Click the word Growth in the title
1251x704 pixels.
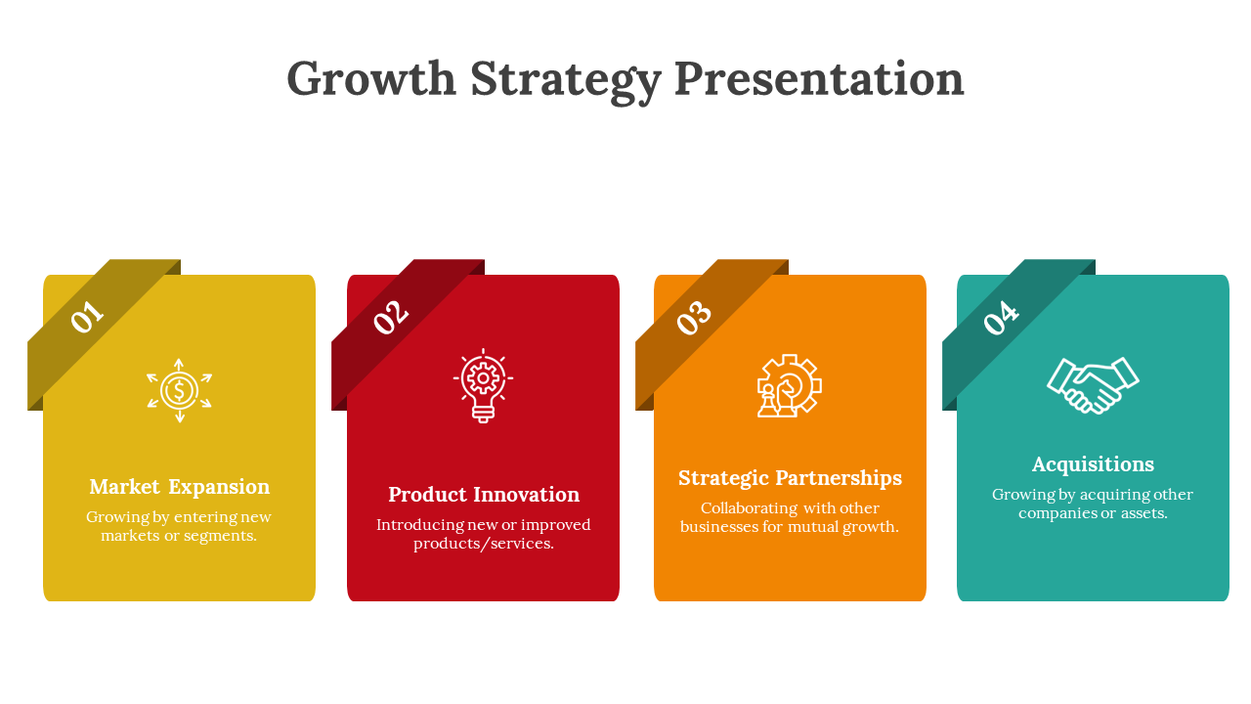[x=371, y=78]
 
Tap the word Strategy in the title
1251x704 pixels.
[x=566, y=81]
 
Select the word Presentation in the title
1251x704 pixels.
[x=819, y=78]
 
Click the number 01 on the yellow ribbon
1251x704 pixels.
[x=87, y=316]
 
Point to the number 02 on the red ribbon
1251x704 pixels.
[x=391, y=317]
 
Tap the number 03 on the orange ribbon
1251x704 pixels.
[x=694, y=317]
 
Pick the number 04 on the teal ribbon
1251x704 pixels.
[x=1002, y=317]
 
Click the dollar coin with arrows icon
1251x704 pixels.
[x=179, y=390]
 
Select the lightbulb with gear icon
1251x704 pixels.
[x=483, y=385]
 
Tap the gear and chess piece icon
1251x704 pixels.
[x=789, y=385]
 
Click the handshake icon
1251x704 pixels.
[x=1093, y=385]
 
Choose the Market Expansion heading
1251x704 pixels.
[x=179, y=487]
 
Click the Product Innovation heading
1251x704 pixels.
[x=484, y=495]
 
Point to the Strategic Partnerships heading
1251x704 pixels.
[x=790, y=478]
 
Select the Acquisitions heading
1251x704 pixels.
[x=1093, y=464]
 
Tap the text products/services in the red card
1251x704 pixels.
[x=484, y=544]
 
